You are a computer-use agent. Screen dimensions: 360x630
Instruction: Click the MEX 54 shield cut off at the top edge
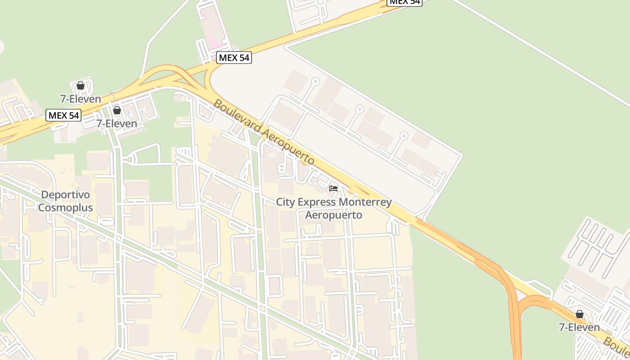coord(404,2)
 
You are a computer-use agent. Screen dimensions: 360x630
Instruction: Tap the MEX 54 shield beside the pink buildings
coord(234,58)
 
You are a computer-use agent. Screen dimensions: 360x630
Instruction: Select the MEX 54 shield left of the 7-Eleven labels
coord(63,115)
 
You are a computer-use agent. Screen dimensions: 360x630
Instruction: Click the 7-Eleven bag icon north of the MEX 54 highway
coord(81,85)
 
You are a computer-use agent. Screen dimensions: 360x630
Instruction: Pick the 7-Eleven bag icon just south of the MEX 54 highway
coord(117,110)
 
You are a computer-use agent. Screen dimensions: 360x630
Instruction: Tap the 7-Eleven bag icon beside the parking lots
coord(580,314)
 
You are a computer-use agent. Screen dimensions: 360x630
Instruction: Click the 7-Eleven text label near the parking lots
coord(579,327)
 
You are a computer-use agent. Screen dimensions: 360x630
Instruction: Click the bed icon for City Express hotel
coord(333,189)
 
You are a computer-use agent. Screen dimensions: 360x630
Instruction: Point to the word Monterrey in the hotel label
coord(365,202)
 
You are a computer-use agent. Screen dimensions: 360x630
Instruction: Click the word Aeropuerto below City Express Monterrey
coord(333,215)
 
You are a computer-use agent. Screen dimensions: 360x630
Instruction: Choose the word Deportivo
coord(66,195)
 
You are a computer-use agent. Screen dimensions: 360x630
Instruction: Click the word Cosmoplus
coord(66,207)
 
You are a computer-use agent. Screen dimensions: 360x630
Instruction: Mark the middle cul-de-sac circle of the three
coord(359,109)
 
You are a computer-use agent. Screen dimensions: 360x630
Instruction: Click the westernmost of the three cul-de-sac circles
coord(315,81)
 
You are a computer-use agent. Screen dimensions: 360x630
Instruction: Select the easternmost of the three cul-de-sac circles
coord(404,135)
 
